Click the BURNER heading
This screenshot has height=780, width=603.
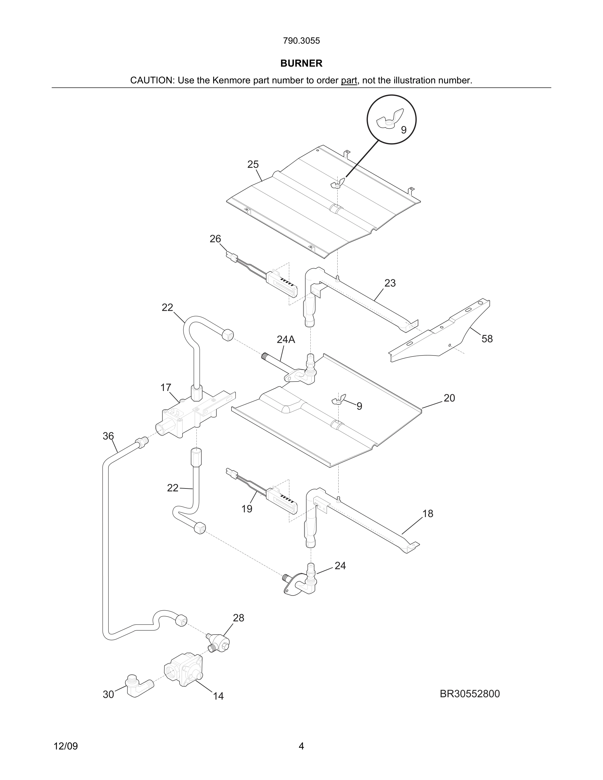[x=301, y=63]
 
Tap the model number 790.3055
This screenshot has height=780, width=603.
[x=301, y=41]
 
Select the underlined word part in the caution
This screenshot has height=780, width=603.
[x=349, y=80]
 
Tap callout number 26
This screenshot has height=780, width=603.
[x=215, y=239]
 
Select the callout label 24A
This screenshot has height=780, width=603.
[x=286, y=339]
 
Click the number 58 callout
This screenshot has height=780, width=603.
[x=487, y=338]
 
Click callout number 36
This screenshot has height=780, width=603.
[x=108, y=436]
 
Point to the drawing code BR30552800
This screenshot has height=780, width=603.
[x=470, y=694]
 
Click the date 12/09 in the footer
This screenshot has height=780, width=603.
[x=66, y=746]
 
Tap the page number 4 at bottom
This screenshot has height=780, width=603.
[x=301, y=746]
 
